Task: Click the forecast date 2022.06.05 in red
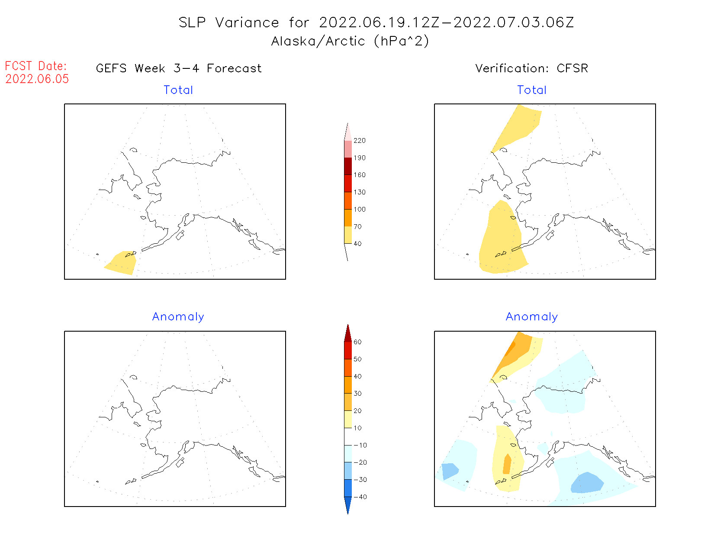[x=37, y=79]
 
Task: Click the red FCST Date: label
[x=36, y=66]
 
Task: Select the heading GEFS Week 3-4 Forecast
[x=179, y=68]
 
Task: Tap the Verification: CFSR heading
[x=531, y=68]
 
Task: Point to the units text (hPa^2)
[x=402, y=41]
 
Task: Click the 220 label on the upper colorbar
[x=359, y=141]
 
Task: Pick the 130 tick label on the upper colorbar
[x=359, y=192]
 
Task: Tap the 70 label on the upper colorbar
[x=357, y=226]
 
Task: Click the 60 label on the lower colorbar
[x=357, y=342]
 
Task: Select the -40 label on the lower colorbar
[x=360, y=497]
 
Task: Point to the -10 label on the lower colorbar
[x=360, y=445]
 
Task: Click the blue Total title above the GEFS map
[x=178, y=90]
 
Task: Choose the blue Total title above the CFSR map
[x=532, y=90]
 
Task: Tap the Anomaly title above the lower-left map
[x=178, y=317]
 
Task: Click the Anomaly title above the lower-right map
[x=532, y=317]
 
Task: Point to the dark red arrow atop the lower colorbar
[x=348, y=334]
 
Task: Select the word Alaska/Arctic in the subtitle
[x=318, y=41]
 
